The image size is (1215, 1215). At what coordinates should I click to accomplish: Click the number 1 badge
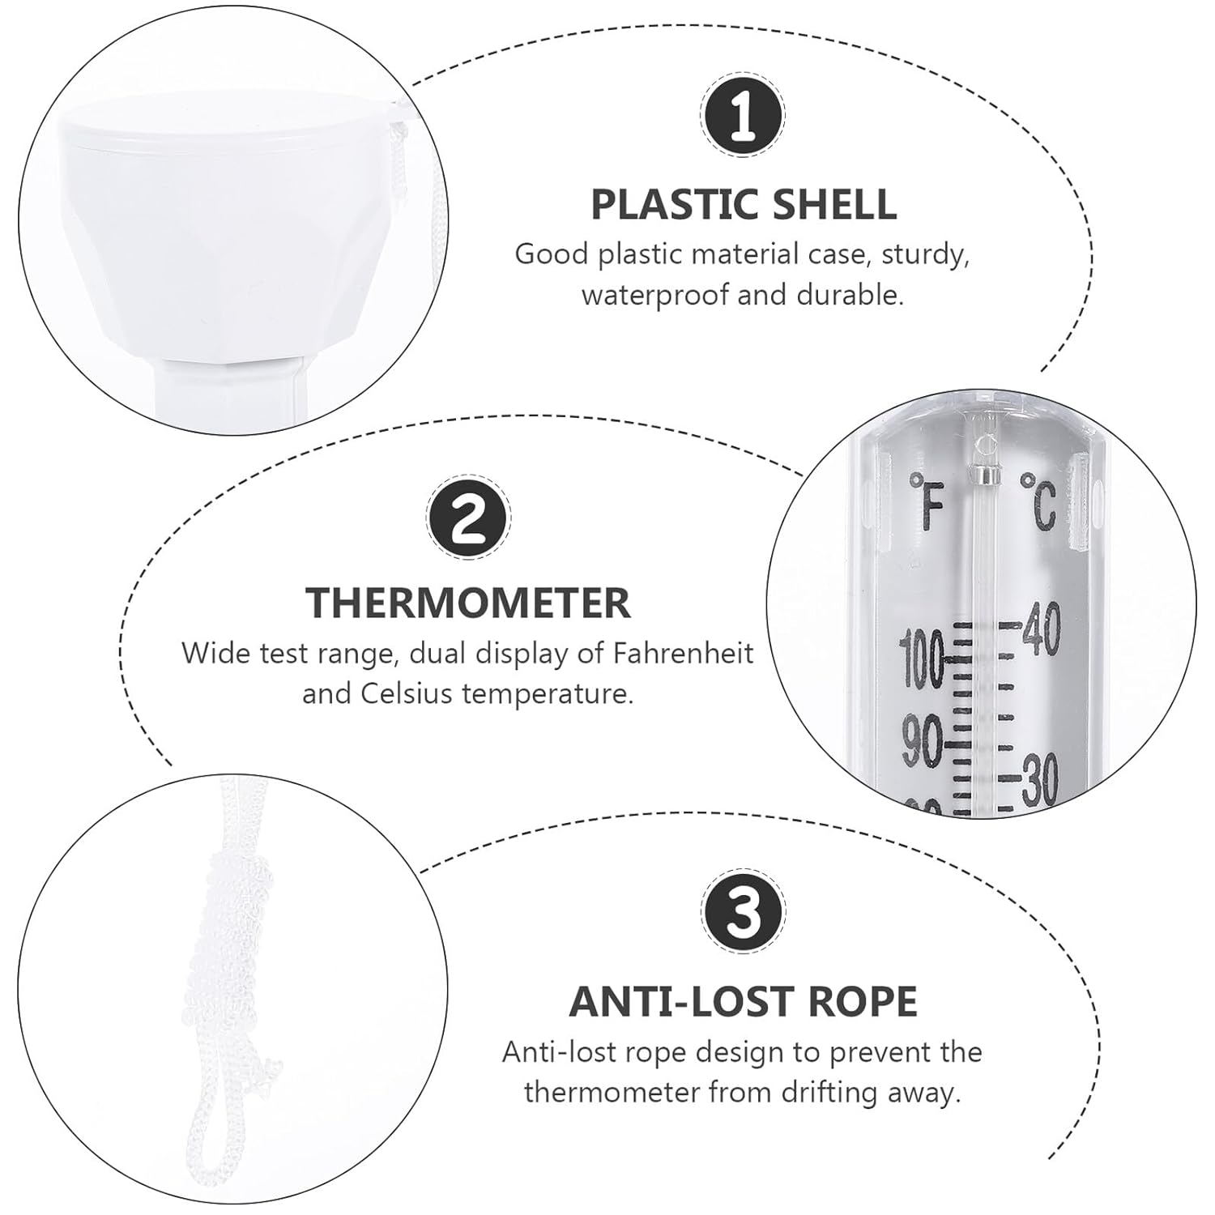coord(743,115)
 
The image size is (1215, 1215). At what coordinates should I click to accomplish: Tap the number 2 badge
coord(468,516)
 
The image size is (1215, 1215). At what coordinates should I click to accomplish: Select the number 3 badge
coord(743,912)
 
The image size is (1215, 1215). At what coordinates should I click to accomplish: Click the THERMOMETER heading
coord(468,603)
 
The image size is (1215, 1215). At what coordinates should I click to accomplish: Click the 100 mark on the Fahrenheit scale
coord(923,660)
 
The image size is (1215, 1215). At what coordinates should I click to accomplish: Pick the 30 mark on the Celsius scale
coord(1039,782)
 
